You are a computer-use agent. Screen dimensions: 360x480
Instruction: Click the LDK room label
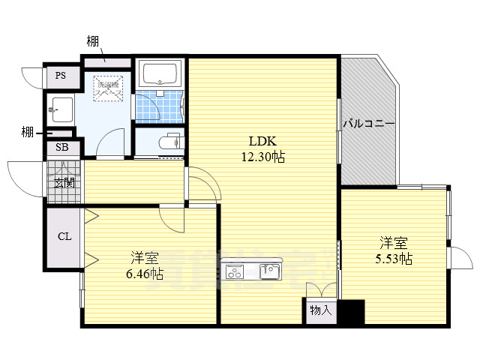(262, 141)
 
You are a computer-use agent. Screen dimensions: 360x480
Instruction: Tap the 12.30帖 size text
(262, 157)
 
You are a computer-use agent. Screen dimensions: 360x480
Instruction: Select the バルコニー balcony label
(368, 124)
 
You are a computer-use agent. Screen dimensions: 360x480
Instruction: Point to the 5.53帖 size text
(394, 259)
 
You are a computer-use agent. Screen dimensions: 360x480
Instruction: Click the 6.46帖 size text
(145, 274)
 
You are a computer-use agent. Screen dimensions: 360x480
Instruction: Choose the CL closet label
(64, 236)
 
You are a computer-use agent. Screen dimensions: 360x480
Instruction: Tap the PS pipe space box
(59, 76)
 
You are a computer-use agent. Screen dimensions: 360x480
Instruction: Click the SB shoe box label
(62, 148)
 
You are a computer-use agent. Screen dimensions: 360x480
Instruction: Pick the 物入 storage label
(320, 310)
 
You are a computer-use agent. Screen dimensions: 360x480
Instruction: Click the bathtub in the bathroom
(159, 75)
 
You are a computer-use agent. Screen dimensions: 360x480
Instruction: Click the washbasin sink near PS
(61, 109)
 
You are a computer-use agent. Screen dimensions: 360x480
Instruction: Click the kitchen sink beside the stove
(269, 271)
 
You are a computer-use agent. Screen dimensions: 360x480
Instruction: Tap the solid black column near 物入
(351, 311)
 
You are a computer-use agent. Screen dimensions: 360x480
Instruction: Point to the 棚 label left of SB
(27, 133)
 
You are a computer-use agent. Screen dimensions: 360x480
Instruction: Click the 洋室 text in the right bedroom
(394, 243)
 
